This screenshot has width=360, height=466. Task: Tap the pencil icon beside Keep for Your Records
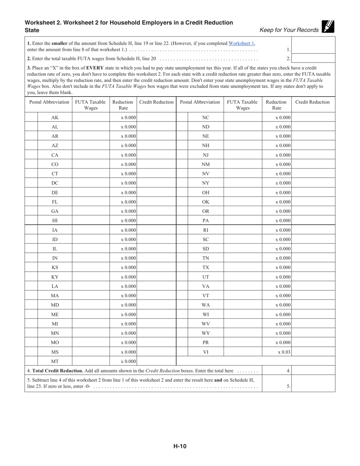point(327,26)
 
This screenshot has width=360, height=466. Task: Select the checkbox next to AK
point(31,117)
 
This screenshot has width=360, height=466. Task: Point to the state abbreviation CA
point(55,155)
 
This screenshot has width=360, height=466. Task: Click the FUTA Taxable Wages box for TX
point(243,267)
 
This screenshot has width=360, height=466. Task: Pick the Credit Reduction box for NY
point(313,183)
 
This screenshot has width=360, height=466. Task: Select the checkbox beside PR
point(182,342)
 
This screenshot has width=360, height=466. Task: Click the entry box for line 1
point(313,45)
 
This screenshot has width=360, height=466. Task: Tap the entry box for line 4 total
point(313,371)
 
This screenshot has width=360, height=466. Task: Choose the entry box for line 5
point(313,383)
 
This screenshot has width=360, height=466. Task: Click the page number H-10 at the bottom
point(180,446)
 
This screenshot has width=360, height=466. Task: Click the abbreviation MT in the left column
point(55,361)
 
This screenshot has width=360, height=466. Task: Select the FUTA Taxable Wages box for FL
point(91,202)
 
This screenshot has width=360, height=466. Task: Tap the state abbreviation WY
point(206,333)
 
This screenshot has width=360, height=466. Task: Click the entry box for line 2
point(313,58)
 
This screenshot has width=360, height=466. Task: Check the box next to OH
point(182,192)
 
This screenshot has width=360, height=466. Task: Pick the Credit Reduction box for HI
point(156,220)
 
